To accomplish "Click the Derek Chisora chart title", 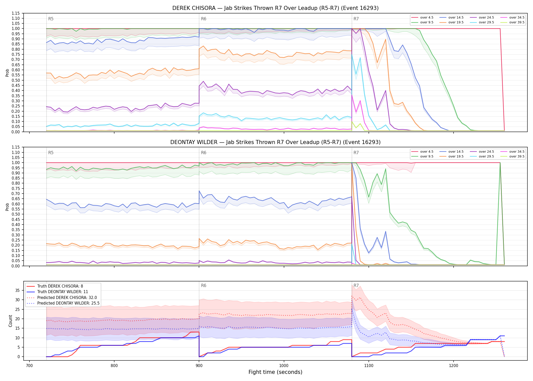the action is pos(275,8).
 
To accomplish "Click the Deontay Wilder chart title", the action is pos(275,142).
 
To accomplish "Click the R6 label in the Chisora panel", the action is pos(204,19).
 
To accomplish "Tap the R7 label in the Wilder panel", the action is pos(356,153).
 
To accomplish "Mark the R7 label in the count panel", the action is pos(356,285).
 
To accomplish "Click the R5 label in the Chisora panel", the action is pos(51,19).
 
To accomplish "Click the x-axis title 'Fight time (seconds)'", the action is pos(275,372).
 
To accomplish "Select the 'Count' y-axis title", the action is pos(10,321).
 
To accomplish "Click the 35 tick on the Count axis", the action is pos(18,290).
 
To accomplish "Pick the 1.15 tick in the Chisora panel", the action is pos(16,13).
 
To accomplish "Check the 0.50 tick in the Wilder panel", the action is pos(16,214).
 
